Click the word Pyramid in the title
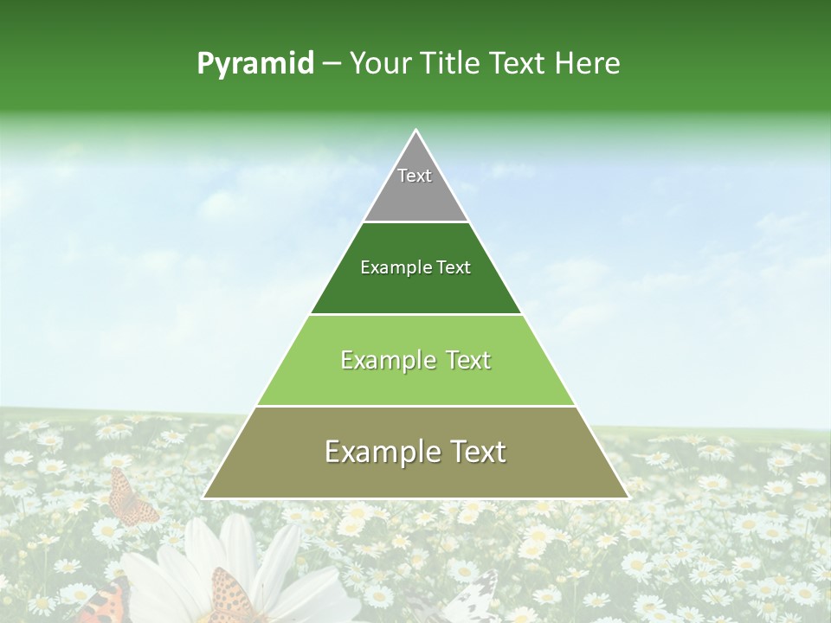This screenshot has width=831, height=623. (255, 64)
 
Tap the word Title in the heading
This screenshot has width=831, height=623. (451, 63)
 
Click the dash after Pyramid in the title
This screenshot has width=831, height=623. (332, 64)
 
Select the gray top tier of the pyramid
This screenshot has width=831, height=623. (415, 195)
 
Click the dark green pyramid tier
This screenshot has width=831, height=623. (415, 290)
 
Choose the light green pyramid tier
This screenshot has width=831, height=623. (415, 381)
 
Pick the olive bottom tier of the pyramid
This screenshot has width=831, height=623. (415, 472)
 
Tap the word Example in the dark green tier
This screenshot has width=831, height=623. (387, 267)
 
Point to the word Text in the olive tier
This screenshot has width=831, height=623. (474, 452)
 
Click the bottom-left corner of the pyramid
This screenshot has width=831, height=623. (204, 498)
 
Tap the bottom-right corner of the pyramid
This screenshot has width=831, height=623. (628, 498)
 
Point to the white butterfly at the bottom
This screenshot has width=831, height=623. (467, 601)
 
